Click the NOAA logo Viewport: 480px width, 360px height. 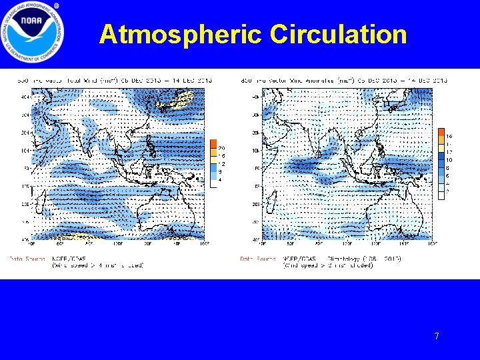[x=33, y=33]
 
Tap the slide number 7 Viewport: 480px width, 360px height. [x=437, y=337]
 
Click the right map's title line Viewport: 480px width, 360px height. [x=343, y=81]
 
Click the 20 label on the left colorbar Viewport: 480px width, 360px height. [x=221, y=148]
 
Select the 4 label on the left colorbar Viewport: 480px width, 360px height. [x=221, y=179]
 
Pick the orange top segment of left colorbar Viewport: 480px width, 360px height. [x=213, y=144]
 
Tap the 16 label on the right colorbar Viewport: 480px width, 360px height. [x=449, y=137]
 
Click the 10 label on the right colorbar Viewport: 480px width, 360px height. [x=449, y=160]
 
